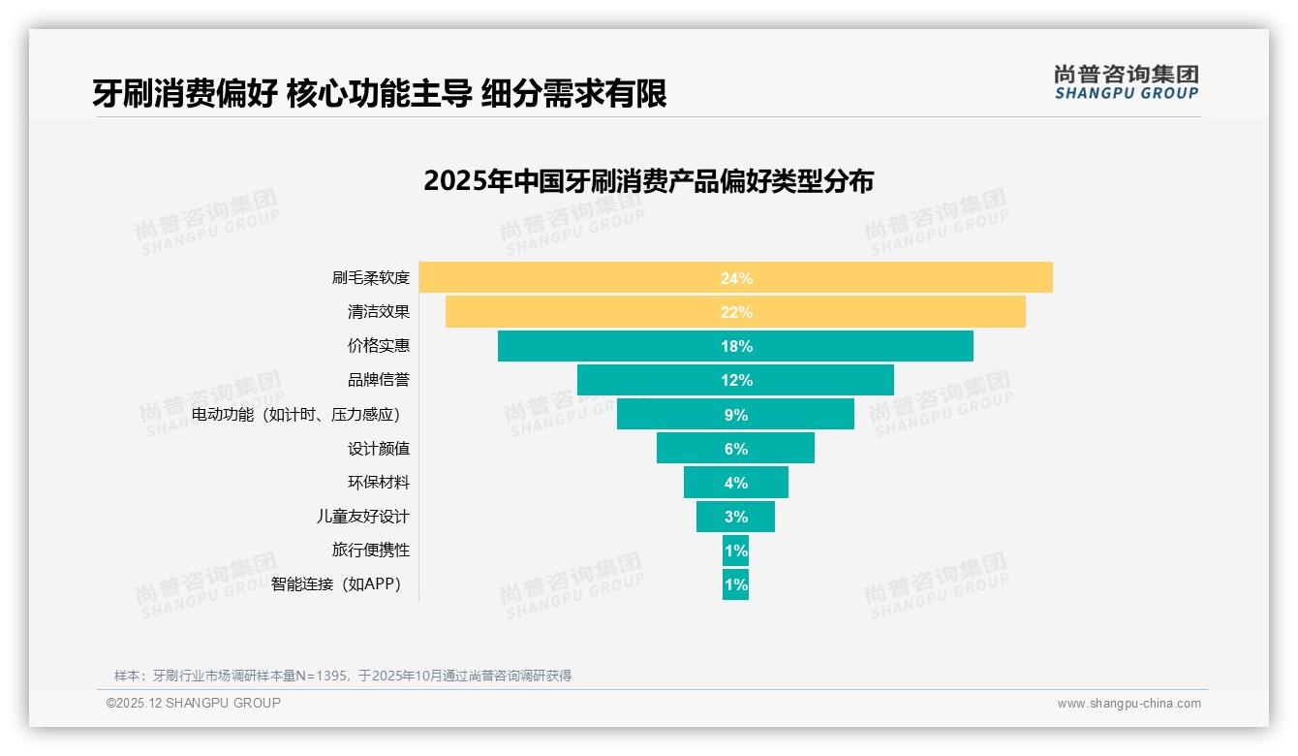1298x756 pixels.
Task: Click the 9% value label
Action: [735, 415]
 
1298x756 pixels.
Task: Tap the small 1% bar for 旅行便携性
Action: [735, 551]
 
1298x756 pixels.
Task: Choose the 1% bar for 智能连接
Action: [735, 584]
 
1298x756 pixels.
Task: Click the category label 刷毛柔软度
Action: [371, 278]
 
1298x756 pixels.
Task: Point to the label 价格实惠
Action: [379, 346]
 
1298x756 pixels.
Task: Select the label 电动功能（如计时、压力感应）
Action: [296, 415]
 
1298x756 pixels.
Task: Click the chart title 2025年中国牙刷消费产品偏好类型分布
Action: [648, 181]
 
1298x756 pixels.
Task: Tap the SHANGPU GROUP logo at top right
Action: [1126, 82]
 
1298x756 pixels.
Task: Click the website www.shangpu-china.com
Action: [1128, 704]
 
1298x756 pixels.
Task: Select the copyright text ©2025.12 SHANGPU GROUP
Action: [193, 703]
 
